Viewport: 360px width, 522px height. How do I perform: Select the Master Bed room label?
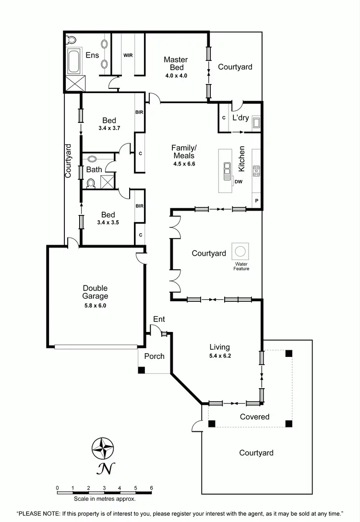pos(176,64)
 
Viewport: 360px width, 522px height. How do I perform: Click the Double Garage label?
pos(95,292)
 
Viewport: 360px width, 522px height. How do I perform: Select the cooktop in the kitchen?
pos(256,170)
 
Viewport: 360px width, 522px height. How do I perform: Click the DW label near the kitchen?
pos(239,181)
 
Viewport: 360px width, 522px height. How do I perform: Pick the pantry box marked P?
pos(257,201)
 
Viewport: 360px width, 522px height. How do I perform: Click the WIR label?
pos(128,55)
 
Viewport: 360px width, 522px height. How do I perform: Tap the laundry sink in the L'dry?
pos(256,123)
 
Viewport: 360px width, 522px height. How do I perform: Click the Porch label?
pos(154,356)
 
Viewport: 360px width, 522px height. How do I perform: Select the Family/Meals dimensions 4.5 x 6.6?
pos(185,164)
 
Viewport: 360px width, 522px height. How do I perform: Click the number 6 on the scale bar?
pos(151,487)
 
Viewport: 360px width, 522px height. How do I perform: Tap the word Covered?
pos(254,417)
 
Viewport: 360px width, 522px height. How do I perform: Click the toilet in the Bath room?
pos(90,183)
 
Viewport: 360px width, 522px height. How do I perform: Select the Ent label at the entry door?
pos(159,319)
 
